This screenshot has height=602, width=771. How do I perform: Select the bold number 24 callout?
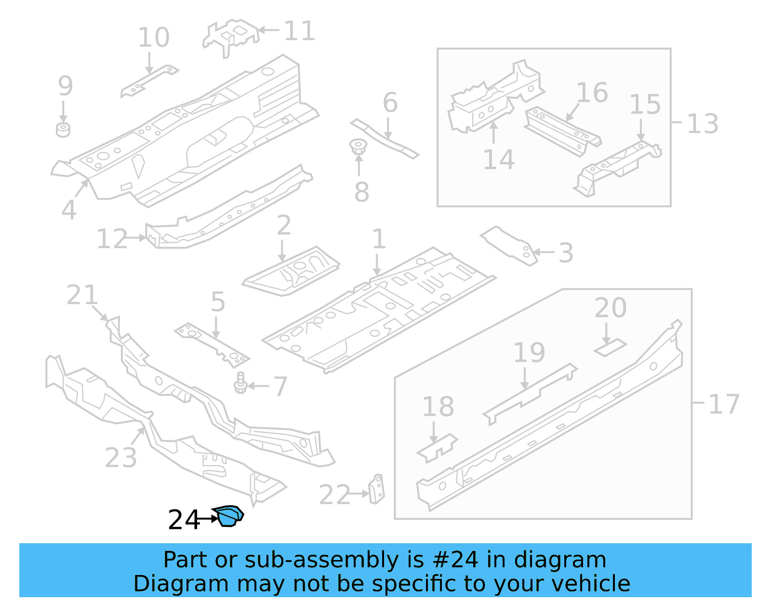[184, 520]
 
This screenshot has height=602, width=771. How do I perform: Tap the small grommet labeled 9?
[63, 130]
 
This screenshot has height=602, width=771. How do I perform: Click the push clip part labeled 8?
[358, 147]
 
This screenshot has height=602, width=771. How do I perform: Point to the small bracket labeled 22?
[377, 489]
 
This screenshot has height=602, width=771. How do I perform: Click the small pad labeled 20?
[610, 347]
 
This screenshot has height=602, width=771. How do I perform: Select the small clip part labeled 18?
[437, 448]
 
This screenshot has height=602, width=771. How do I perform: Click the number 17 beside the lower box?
[724, 404]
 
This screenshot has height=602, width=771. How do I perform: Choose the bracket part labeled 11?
[230, 36]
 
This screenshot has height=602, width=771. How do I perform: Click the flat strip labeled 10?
[149, 81]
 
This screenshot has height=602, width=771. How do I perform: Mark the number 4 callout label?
[69, 210]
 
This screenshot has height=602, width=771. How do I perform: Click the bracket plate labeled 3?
[510, 245]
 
